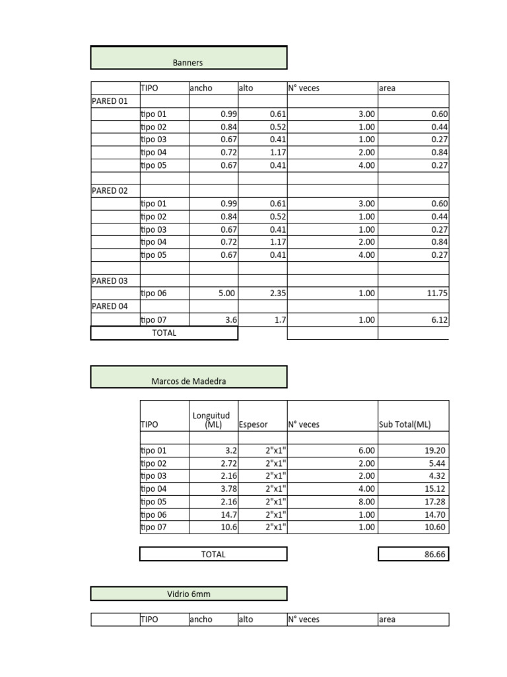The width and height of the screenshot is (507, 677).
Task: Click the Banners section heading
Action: [187, 63]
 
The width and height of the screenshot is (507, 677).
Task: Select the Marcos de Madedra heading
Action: [189, 381]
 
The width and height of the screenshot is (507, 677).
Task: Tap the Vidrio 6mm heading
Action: [189, 594]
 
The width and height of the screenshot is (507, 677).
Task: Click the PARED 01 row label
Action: [110, 101]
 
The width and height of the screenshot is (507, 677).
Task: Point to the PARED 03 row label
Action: [110, 281]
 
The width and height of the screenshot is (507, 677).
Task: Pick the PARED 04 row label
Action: [110, 307]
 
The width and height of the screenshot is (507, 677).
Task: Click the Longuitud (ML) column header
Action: [211, 420]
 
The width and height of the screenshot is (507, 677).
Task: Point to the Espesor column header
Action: [253, 425]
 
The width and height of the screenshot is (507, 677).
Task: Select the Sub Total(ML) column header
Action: [405, 425]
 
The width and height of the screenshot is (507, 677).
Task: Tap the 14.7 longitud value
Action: [228, 514]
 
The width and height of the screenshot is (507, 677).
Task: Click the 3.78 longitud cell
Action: [226, 489]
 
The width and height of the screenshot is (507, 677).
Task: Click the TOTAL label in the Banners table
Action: [164, 333]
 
